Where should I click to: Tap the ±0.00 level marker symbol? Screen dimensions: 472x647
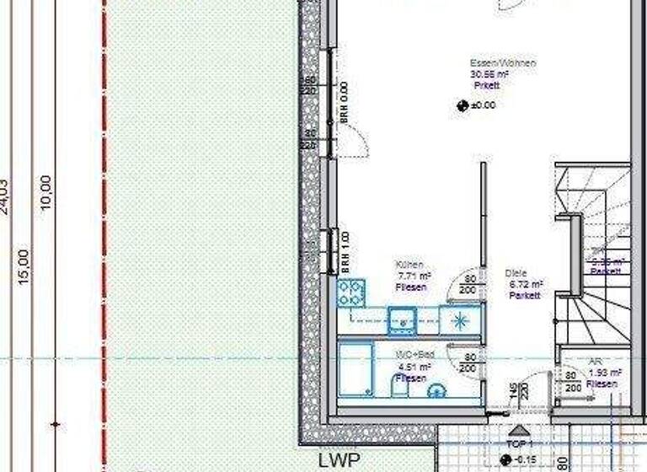coord(462,106)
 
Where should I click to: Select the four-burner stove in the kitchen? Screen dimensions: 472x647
coord(350,292)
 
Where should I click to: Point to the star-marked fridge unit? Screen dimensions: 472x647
coord(460,319)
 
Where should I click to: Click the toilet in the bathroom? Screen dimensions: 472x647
coord(401,386)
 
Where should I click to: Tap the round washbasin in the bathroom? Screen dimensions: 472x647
coord(437,390)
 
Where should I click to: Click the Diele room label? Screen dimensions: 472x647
coord(515,273)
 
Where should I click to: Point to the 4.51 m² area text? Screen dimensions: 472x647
coord(413,367)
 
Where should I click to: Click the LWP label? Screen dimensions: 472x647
coord(339,461)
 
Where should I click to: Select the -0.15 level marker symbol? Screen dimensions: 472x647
coord(505,459)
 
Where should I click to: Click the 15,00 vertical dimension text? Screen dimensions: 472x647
coord(24,265)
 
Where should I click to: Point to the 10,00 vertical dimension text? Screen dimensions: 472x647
coord(45,193)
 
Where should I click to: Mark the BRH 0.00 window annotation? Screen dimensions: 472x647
coord(344,103)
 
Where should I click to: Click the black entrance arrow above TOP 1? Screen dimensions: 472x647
coord(515,432)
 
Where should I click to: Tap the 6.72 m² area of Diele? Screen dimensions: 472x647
coord(525,284)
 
